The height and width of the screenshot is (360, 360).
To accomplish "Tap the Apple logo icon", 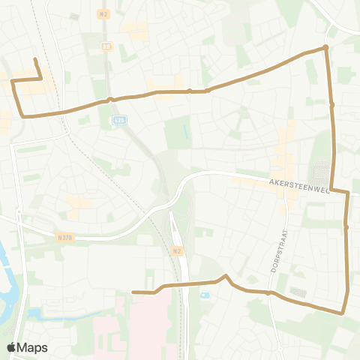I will (12, 347).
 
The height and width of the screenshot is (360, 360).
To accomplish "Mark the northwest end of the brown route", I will (35, 59).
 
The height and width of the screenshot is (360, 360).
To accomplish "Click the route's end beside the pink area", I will (133, 292).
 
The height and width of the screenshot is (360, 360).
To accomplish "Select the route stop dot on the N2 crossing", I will (109, 99).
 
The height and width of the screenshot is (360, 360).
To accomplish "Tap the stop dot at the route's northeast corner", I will (325, 48).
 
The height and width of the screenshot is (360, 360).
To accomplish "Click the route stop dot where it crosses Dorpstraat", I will (268, 293).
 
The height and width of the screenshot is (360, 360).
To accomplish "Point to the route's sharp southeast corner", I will (343, 311).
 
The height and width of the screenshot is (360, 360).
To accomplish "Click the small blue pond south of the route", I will (205, 295).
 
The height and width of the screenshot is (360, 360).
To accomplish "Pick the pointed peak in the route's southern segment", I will (226, 276).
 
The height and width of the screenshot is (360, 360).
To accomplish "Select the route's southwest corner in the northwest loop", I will (23, 116).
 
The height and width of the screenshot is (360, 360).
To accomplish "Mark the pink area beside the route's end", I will (146, 322).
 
